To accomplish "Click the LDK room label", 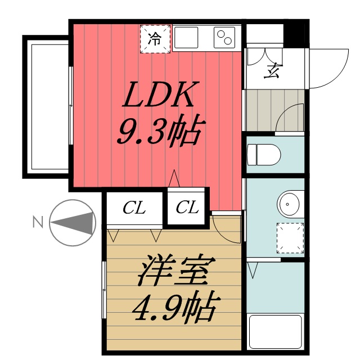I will [159, 96].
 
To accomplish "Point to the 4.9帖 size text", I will [174, 307].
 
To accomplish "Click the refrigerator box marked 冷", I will [154, 39].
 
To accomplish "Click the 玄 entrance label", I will [273, 71].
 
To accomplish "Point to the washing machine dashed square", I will [290, 236].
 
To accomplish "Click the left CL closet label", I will [134, 209].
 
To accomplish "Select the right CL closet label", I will [187, 208].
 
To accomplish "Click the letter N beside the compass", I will [38, 222].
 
